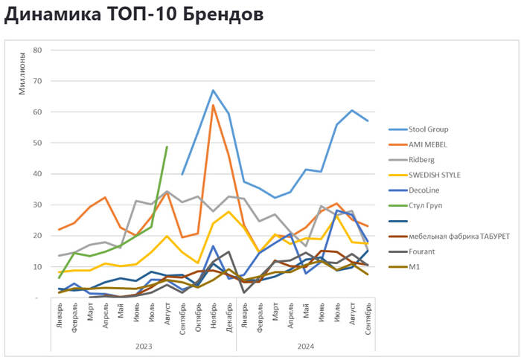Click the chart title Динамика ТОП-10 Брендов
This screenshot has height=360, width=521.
[134, 14]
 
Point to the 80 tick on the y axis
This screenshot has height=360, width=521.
[36, 50]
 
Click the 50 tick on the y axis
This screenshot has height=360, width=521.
[36, 143]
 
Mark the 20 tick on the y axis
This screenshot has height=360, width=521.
[36, 236]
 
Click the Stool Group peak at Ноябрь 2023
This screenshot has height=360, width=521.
[213, 91]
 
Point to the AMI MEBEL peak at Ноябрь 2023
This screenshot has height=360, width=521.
[213, 105]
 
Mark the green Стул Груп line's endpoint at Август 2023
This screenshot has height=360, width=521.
[167, 147]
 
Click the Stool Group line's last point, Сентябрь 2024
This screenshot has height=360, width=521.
[368, 120]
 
